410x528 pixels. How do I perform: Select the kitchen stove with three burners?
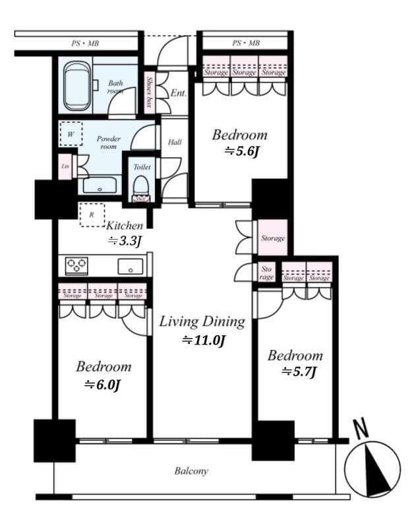pyautogui.click(x=76, y=266)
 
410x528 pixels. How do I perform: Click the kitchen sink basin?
pyautogui.click(x=130, y=266)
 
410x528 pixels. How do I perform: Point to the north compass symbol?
pyautogui.click(x=372, y=469)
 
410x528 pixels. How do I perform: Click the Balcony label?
pyautogui.click(x=191, y=471)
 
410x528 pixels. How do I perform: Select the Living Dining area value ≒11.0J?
pyautogui.click(x=204, y=341)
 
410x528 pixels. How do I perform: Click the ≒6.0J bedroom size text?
pyautogui.click(x=102, y=384)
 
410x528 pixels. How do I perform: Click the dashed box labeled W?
pyautogui.click(x=71, y=133)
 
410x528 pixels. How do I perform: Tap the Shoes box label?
pyautogui.click(x=150, y=92)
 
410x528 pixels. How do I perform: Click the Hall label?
pyautogui.click(x=175, y=142)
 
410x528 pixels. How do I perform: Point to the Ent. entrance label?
pyautogui.click(x=178, y=94)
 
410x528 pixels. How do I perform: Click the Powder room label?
pyautogui.click(x=108, y=143)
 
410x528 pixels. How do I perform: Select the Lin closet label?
pyautogui.click(x=65, y=166)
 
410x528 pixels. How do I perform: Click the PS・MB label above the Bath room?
pyautogui.click(x=86, y=44)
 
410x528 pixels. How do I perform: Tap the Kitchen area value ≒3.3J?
pyautogui.click(x=125, y=242)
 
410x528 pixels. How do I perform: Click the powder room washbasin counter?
pyautogui.click(x=100, y=185)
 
